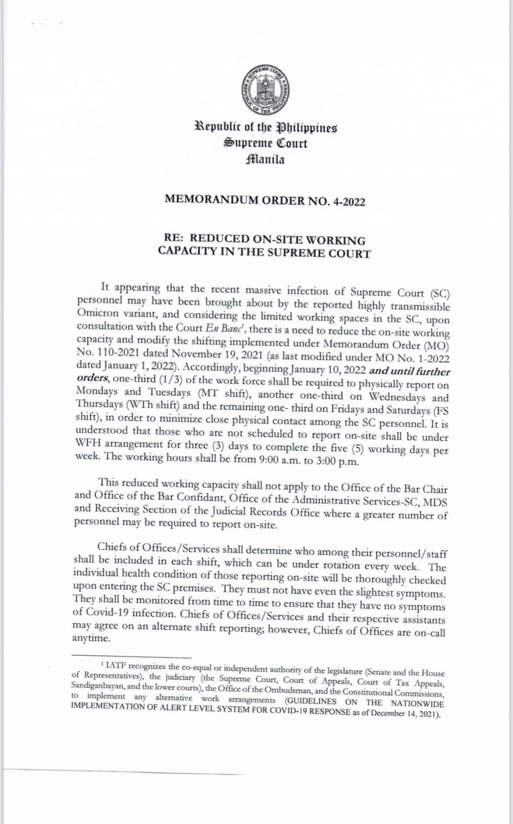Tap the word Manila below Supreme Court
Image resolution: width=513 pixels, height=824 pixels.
[x=265, y=160]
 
